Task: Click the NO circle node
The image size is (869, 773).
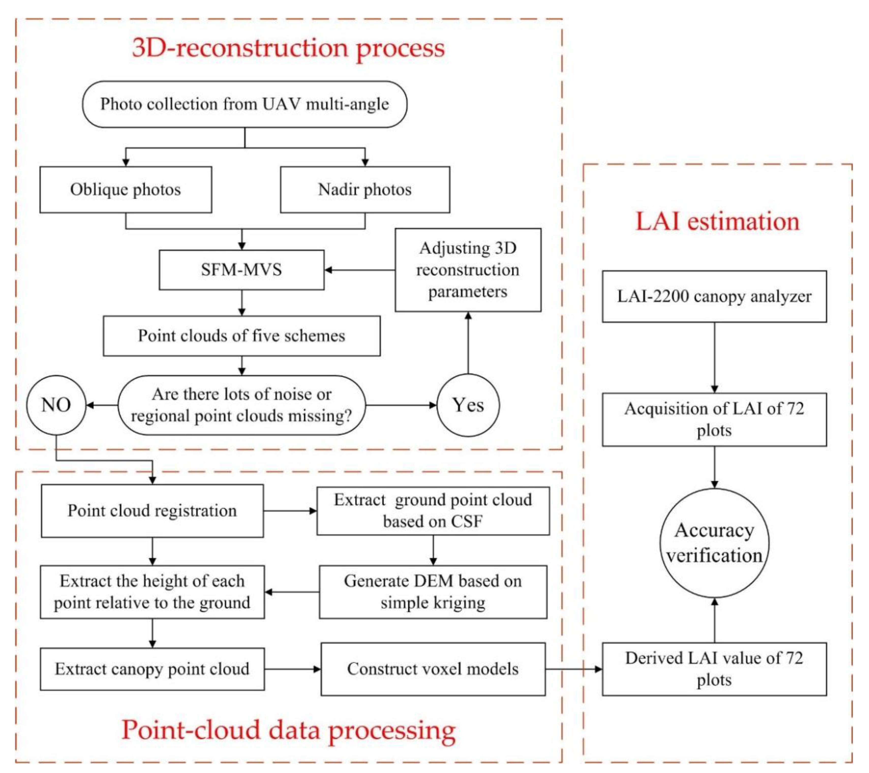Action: coord(56,405)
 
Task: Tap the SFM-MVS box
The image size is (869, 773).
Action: coord(241,270)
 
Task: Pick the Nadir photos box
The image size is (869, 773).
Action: coord(365,190)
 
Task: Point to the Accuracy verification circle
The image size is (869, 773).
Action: coord(714,543)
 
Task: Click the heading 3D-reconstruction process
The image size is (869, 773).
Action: coord(288,48)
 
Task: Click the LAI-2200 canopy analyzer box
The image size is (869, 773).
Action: coord(714,296)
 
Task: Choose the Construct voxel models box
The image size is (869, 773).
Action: coord(433,669)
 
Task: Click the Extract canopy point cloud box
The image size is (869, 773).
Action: coord(152,669)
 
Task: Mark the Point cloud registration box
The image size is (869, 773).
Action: coord(152,511)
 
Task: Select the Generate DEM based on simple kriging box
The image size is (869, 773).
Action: coord(433,592)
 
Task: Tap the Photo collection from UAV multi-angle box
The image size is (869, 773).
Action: coord(245,104)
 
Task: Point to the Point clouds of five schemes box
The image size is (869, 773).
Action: coord(241,336)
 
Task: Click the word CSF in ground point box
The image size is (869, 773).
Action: coord(466,522)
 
